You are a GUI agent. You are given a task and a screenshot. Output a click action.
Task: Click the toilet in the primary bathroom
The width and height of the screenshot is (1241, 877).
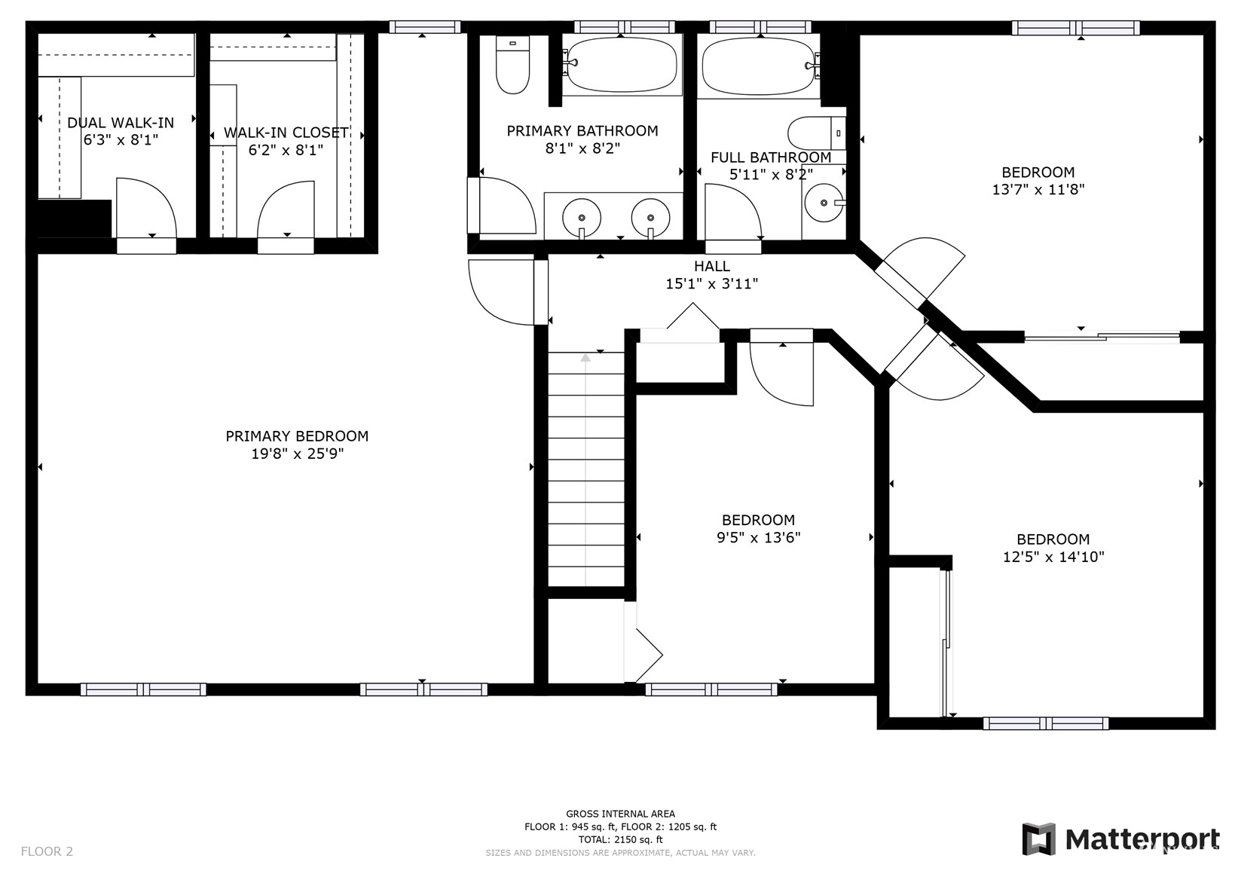click(x=512, y=64)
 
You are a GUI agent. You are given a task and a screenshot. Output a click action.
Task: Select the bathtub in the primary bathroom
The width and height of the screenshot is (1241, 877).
click(x=622, y=64)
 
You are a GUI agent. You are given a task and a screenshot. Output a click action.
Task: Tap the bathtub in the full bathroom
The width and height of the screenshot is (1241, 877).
click(x=759, y=66)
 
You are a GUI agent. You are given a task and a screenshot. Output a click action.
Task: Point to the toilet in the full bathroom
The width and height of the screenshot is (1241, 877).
click(x=817, y=133)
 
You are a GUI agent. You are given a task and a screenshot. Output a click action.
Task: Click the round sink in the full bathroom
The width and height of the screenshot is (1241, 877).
click(x=824, y=203)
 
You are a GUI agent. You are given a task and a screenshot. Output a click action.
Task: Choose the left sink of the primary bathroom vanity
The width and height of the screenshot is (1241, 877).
click(x=582, y=217)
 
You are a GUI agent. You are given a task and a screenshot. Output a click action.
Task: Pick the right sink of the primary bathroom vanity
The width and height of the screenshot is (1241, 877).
click(x=650, y=217)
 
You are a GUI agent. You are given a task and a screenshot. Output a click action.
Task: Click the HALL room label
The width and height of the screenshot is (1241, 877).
click(x=711, y=266)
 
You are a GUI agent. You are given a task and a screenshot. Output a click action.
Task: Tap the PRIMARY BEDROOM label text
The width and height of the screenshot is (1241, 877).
click(x=297, y=436)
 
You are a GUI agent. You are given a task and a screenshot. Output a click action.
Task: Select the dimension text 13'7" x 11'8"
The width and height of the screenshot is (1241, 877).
click(x=1038, y=189)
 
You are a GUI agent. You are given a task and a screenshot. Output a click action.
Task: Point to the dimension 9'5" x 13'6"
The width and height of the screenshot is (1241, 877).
click(x=759, y=537)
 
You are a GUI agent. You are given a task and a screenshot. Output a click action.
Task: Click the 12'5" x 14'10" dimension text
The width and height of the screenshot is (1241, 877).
click(x=1053, y=557)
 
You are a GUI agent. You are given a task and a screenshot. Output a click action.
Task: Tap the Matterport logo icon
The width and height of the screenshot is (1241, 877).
click(x=1039, y=839)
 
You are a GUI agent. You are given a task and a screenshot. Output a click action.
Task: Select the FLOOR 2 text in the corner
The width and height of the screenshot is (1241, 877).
click(x=47, y=851)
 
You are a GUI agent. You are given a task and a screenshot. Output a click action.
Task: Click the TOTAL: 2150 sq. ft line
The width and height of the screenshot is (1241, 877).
click(x=621, y=839)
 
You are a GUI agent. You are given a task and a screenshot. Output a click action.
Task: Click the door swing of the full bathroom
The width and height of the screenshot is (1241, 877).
click(x=733, y=212)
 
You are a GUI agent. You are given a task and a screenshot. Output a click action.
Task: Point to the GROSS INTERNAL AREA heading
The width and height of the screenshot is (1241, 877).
click(x=621, y=814)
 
